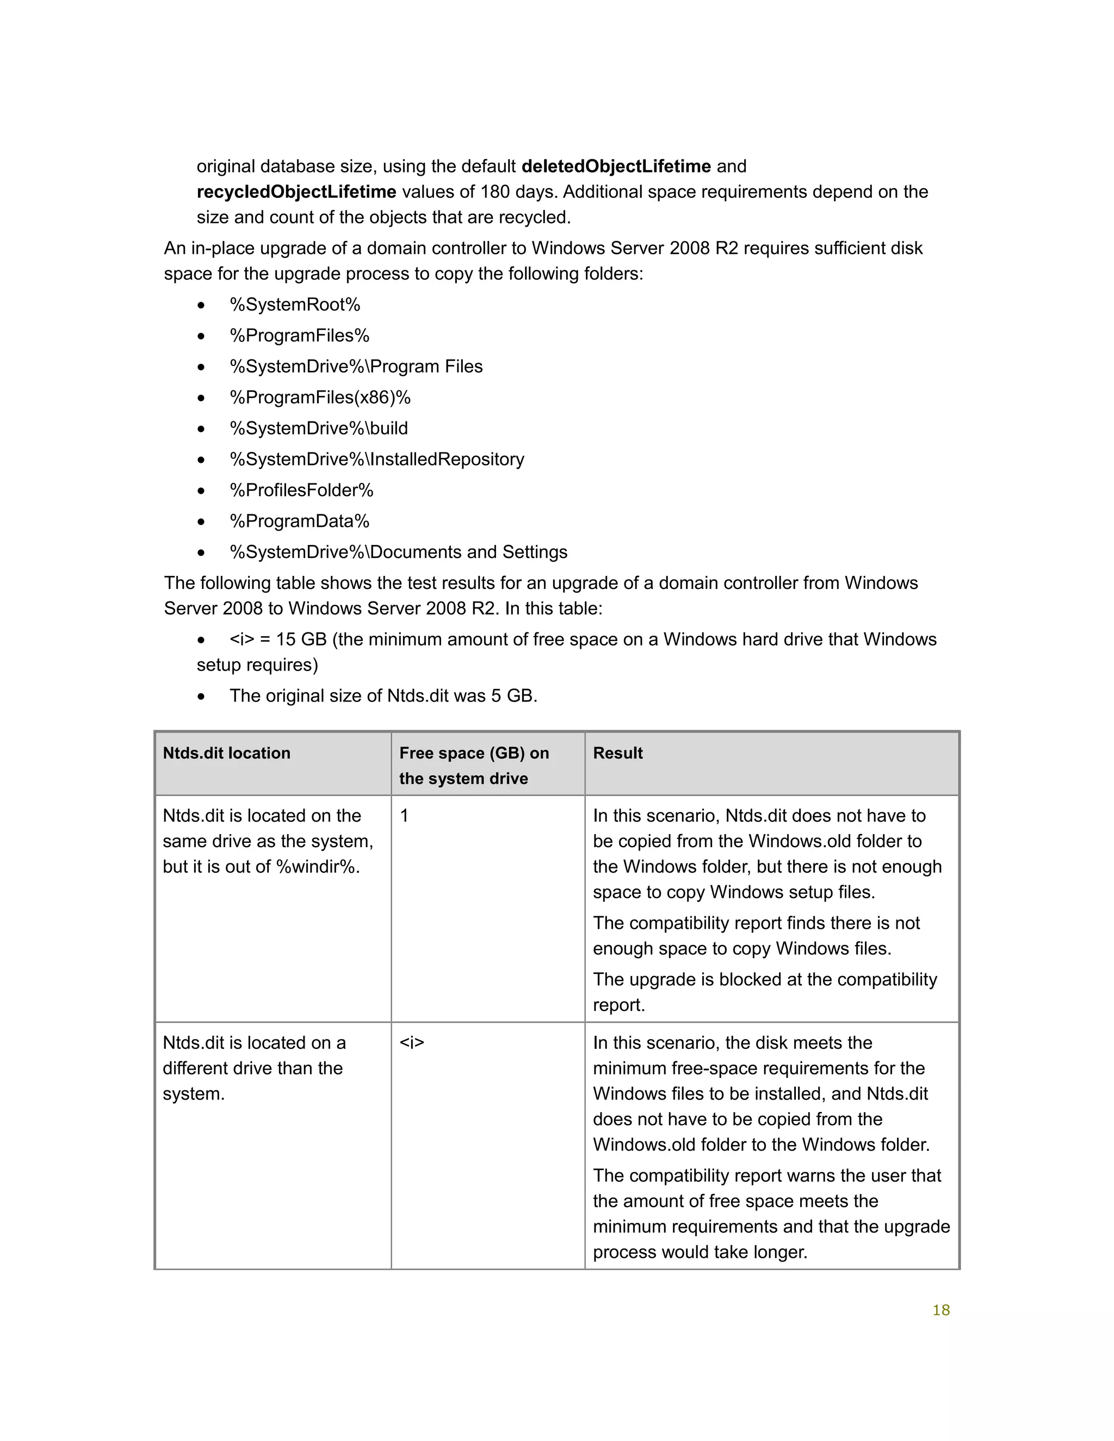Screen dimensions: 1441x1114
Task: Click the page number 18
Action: pos(940,1310)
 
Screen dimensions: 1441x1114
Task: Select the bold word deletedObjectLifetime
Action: pos(616,166)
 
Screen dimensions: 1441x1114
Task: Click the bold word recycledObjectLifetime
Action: pos(296,192)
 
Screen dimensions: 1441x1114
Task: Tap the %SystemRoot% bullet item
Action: pos(295,305)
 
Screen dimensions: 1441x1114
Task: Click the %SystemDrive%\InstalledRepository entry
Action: pos(377,459)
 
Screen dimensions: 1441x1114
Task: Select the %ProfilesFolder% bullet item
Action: pos(301,490)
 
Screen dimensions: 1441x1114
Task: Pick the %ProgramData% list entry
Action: pos(300,521)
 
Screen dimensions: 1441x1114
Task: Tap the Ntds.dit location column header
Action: pos(226,754)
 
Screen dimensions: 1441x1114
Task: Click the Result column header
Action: pos(618,754)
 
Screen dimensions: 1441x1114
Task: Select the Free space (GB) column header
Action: pos(474,766)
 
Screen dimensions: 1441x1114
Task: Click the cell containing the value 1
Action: pos(405,816)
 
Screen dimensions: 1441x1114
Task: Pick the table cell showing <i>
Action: pos(412,1043)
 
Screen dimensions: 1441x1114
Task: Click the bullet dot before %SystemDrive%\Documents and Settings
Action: pos(201,553)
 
